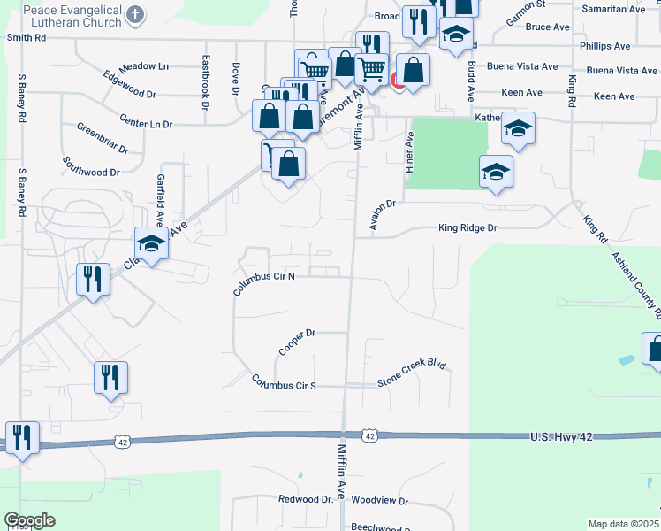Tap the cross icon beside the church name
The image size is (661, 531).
point(134,14)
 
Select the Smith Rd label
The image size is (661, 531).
point(26,38)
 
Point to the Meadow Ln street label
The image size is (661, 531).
point(143,66)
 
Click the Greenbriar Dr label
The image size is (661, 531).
point(103,138)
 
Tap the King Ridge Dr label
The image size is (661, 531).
point(468,228)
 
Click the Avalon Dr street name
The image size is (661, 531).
point(385,215)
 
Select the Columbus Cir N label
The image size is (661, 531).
point(263,283)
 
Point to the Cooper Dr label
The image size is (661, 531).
point(297,342)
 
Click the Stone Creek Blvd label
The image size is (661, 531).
point(412,372)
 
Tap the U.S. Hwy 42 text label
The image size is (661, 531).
point(566,437)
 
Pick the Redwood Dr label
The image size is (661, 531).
point(305,500)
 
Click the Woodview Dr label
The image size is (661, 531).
point(379,501)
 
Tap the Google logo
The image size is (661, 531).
point(29,520)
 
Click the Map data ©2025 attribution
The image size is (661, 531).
point(622,524)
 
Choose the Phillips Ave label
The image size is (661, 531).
point(604,45)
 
